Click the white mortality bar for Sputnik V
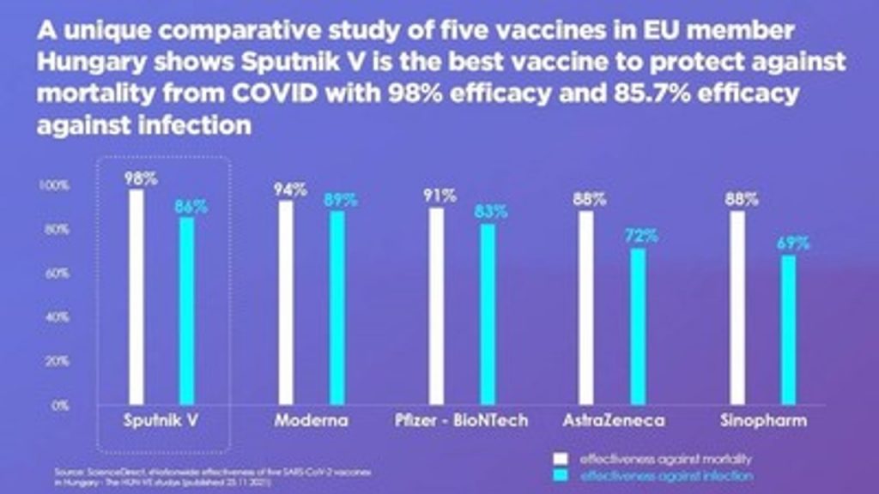click(x=136, y=296)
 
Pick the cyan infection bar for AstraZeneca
click(x=637, y=326)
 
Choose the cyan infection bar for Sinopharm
click(x=788, y=329)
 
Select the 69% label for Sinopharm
click(x=792, y=243)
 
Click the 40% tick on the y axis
click(x=56, y=317)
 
